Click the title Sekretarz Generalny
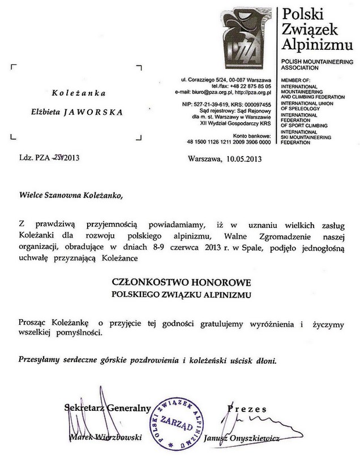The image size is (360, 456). tap(107, 407)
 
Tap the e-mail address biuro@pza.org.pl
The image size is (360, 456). tap(209, 91)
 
